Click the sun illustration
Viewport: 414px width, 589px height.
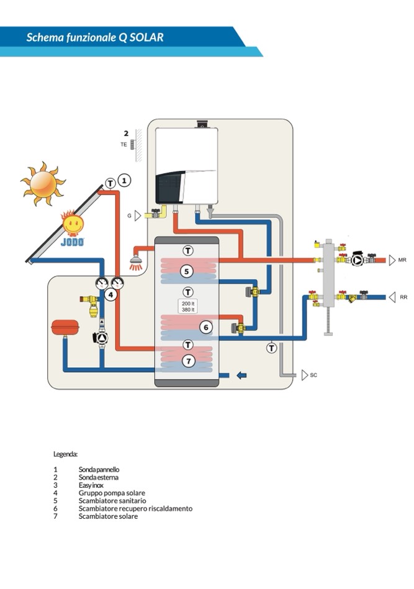(x=43, y=183)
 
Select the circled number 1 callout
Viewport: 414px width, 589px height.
(x=124, y=181)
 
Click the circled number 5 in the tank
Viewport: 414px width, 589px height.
(x=187, y=272)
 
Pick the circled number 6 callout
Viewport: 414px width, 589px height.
(x=206, y=327)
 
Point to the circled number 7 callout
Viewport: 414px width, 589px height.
(x=187, y=360)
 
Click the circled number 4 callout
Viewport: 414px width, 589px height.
(x=110, y=294)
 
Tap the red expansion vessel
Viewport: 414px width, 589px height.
(x=65, y=326)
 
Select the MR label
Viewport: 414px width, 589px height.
(x=402, y=260)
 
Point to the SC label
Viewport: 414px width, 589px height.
(x=313, y=375)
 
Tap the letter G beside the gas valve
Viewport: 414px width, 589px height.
(x=130, y=216)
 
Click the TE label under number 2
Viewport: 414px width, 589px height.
(x=124, y=144)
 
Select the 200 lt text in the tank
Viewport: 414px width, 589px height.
(x=187, y=303)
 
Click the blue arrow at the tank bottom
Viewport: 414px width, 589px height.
(x=241, y=375)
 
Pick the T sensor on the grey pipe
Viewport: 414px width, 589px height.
(x=272, y=348)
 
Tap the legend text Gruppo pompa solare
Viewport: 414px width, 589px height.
(x=112, y=493)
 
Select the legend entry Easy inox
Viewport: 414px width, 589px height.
(x=92, y=485)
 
